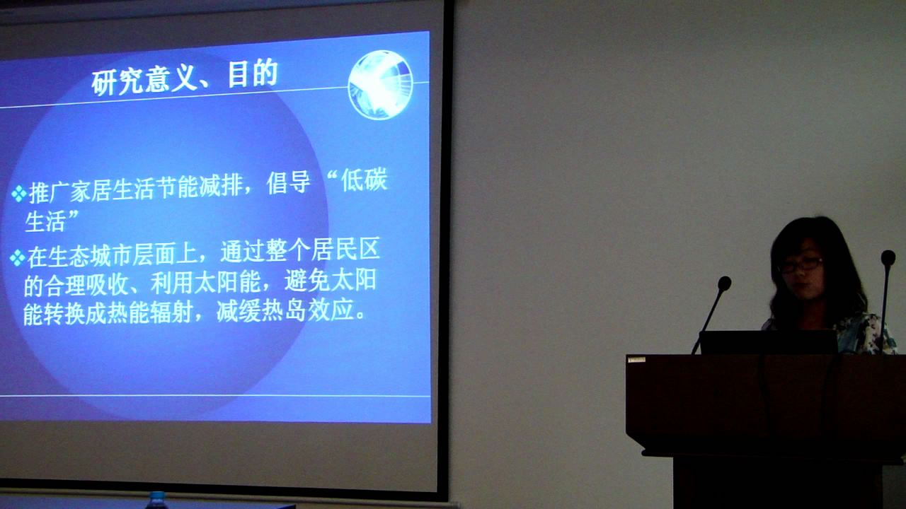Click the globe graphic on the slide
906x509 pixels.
[x=380, y=85]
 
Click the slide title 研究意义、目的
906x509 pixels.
[x=185, y=77]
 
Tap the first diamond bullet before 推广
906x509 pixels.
[x=18, y=194]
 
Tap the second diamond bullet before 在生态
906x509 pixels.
[x=18, y=258]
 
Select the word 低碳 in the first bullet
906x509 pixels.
[x=364, y=180]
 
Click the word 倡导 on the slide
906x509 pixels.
[x=288, y=183]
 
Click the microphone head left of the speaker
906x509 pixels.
[x=724, y=283]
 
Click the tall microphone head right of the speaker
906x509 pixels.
[x=888, y=258]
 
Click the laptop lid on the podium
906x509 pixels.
[x=769, y=342]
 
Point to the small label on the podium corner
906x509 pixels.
[x=636, y=360]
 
